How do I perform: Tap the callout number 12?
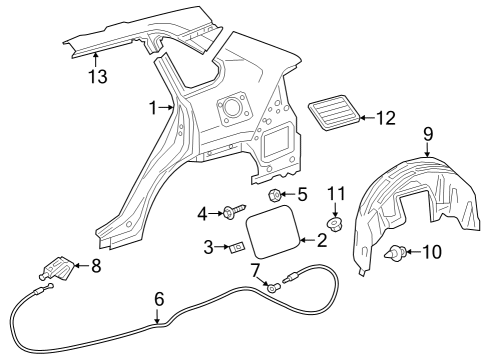point(384,119)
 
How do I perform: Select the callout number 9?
point(427,134)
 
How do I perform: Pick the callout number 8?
point(96,266)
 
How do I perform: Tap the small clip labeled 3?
point(238,247)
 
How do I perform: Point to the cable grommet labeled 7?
point(271,287)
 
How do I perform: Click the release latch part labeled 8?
point(59,268)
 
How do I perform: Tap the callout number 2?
point(321,240)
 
